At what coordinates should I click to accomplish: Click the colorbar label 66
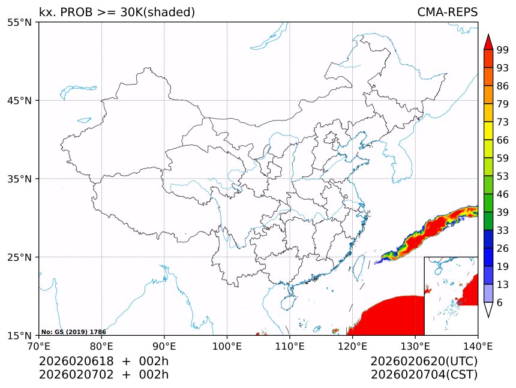503,140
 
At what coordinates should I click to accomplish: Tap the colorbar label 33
503,230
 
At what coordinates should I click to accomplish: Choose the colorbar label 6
500,303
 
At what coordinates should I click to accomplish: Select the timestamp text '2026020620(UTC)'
424,361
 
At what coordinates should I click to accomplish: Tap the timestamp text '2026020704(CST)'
424,375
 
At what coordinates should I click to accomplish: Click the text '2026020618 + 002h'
104,361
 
